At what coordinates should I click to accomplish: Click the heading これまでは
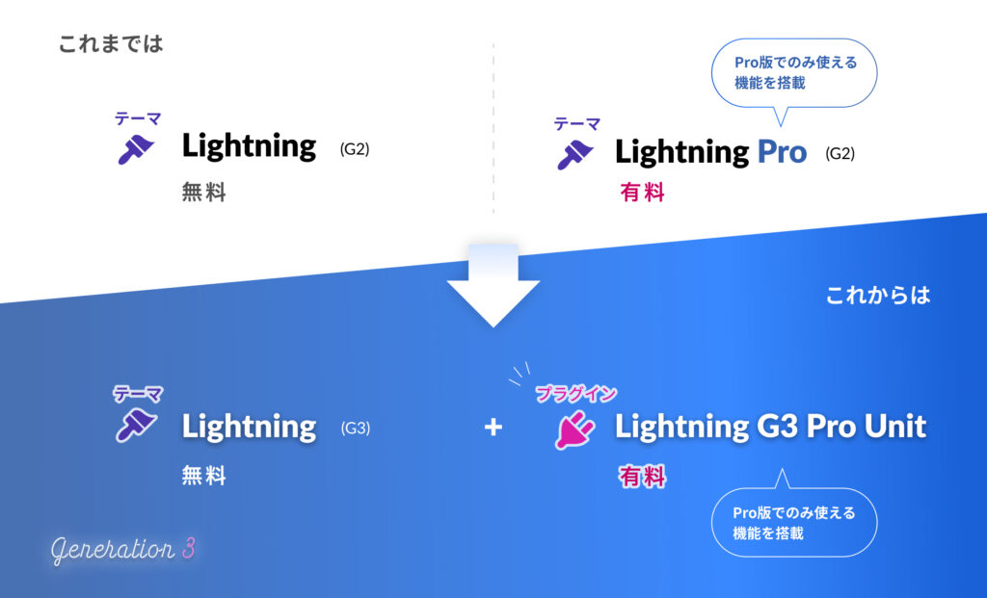pos(111,43)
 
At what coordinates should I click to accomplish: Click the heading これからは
pos(878,295)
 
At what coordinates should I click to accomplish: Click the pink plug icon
pos(574,429)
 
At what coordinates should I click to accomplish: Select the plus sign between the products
pos(493,427)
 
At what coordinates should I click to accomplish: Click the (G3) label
pos(355,429)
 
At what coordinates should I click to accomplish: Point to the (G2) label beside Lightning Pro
pos(840,153)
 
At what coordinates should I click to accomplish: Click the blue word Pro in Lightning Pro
pos(782,151)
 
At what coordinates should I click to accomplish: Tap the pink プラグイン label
pos(576,393)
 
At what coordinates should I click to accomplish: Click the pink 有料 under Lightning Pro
pos(642,193)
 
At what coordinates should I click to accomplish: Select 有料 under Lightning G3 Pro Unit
pos(642,476)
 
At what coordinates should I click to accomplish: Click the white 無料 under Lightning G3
pos(203,476)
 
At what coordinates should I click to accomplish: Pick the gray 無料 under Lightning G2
pos(203,193)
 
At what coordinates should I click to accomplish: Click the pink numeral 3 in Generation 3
pos(188,550)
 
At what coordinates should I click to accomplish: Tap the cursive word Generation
pos(112,551)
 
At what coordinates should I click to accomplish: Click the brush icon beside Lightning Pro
pos(574,154)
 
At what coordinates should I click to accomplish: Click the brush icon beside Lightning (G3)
pos(135,425)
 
